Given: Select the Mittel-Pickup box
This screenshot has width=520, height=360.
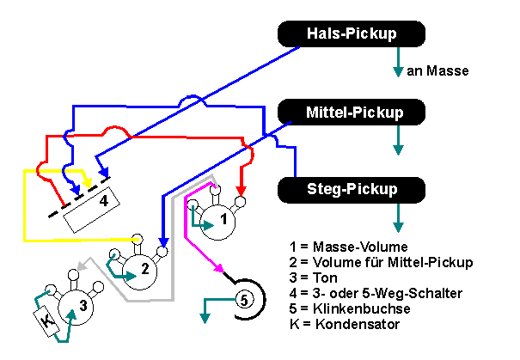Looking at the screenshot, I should tap(352, 111).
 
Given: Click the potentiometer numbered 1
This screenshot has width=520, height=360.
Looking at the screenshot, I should tap(221, 220).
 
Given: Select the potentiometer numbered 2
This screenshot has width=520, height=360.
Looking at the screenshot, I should tap(144, 269).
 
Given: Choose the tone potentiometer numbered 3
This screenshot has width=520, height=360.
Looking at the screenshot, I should tap(79, 304).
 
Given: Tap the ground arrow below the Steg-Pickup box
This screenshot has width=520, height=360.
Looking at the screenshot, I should tap(397, 225).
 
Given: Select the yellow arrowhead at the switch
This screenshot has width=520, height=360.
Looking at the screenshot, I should tap(87, 180).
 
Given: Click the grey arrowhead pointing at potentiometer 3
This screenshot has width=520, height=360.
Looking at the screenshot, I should tap(81, 266).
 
